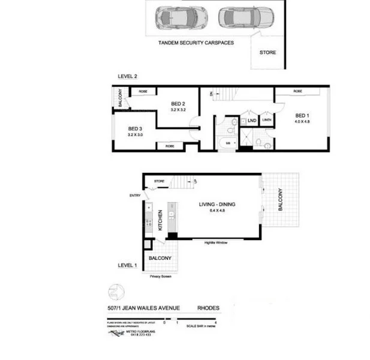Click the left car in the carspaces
tap(175, 18)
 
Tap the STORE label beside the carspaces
tap(267, 53)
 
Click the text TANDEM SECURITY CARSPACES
tap(195, 43)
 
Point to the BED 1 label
tap(302, 115)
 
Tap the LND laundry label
tap(252, 121)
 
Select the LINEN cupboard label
tap(267, 121)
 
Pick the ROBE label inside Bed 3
tap(169, 146)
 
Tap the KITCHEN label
tap(160, 220)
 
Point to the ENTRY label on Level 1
tap(134, 195)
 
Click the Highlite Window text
tap(216, 243)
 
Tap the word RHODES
tap(208, 308)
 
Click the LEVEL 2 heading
tap(128, 76)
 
